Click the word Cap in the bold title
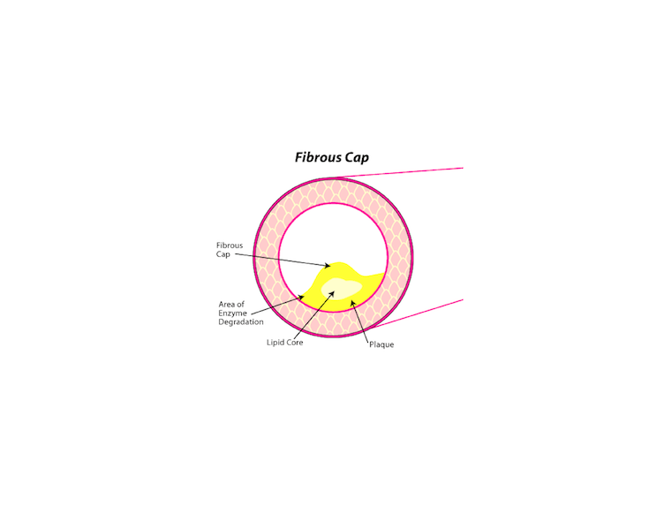(x=357, y=158)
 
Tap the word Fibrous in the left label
(x=230, y=245)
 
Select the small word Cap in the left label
(x=223, y=254)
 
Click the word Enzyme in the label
(x=232, y=313)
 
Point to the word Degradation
(x=241, y=321)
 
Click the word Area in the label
(x=226, y=304)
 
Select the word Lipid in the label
(x=275, y=343)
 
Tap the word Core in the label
(x=294, y=343)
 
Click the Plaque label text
(x=381, y=344)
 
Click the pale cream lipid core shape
(x=342, y=289)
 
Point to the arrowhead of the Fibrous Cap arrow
(x=327, y=266)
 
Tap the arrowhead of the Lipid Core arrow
(x=332, y=293)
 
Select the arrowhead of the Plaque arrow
(x=352, y=303)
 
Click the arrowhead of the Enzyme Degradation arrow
(x=301, y=297)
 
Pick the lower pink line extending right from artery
(x=417, y=313)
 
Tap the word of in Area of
(x=240, y=304)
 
